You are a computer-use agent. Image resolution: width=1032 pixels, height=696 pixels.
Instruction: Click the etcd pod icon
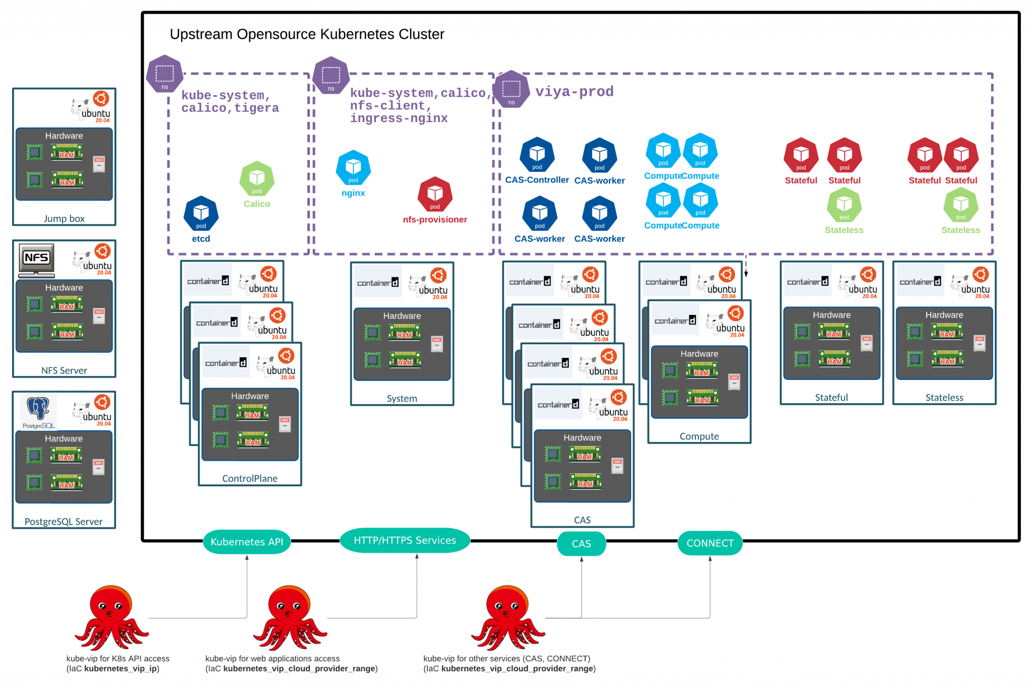pos(201,213)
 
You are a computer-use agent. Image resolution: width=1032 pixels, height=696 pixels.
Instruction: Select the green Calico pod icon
pos(257,179)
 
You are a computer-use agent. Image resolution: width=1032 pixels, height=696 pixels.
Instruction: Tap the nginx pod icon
pos(353,168)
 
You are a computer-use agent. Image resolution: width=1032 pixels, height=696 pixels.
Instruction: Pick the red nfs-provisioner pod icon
pos(435,195)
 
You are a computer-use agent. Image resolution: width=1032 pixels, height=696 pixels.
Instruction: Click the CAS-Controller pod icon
pos(537,155)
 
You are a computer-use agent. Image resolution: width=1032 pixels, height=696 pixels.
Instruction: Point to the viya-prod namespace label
pos(574,92)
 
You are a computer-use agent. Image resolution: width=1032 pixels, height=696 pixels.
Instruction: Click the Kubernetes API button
pos(247,542)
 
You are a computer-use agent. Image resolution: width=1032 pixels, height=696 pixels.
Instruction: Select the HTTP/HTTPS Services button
pos(405,541)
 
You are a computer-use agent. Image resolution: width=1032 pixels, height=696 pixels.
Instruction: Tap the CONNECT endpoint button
pos(710,543)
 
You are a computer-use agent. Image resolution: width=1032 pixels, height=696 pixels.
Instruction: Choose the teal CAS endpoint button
pos(582,544)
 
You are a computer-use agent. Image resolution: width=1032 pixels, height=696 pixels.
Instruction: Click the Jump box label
pos(64,219)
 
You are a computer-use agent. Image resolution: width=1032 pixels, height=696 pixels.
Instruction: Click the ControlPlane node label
pos(250,478)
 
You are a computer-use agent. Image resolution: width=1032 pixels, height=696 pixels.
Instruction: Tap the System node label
pos(402,399)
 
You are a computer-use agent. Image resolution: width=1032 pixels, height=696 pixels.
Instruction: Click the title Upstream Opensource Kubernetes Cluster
pos(307,34)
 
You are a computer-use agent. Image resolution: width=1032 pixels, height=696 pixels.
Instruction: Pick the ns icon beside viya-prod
pos(511,90)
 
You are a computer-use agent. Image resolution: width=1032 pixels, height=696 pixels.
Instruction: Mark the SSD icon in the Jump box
pos(99,164)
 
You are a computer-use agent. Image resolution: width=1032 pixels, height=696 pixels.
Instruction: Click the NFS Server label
pos(64,370)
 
